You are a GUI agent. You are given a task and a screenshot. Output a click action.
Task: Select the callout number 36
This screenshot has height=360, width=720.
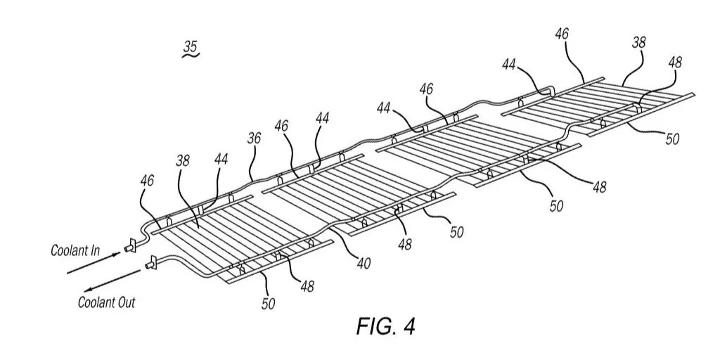coord(254,139)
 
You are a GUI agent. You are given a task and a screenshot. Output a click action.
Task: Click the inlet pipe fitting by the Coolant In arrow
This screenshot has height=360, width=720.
coord(129,247)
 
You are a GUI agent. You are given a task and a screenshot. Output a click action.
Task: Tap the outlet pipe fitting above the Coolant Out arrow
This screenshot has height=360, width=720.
coord(150,265)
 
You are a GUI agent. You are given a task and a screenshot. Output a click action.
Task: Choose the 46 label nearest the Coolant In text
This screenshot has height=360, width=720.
coord(146,180)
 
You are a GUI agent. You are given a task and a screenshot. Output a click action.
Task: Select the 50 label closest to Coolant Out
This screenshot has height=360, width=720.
coord(269,304)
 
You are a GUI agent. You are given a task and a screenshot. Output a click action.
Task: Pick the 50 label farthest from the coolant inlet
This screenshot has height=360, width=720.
coord(673,139)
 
